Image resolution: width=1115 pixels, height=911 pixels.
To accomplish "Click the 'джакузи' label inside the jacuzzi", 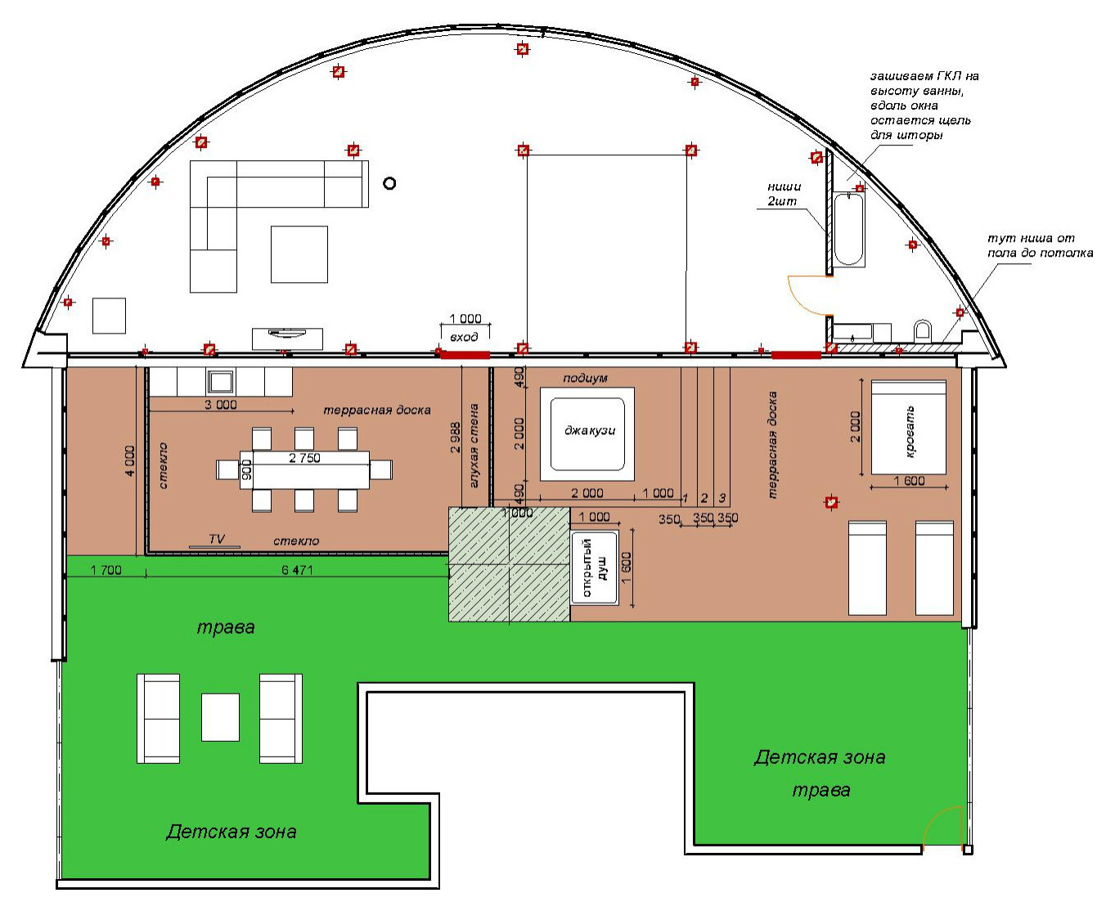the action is [x=590, y=431].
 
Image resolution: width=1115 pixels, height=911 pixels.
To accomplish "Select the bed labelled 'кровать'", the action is [x=908, y=427].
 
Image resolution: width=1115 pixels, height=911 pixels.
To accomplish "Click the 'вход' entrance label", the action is [x=464, y=337].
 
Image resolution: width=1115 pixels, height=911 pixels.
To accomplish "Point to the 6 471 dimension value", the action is [x=297, y=570].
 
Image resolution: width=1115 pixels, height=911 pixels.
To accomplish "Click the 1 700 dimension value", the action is [x=106, y=570].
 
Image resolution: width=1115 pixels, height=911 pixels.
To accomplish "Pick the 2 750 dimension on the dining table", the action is [x=304, y=458].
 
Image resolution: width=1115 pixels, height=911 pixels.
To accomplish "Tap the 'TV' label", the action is [x=217, y=538].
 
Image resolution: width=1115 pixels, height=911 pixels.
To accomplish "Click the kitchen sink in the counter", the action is [x=220, y=381].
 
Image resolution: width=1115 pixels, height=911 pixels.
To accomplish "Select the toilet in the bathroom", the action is [x=923, y=330].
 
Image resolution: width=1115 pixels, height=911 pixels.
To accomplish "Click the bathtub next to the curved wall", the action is [x=848, y=229].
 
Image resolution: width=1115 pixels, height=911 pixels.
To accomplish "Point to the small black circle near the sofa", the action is [x=389, y=183].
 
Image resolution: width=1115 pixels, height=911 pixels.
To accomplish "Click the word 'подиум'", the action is [x=585, y=379].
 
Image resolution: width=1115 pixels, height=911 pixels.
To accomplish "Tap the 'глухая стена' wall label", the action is [x=474, y=446].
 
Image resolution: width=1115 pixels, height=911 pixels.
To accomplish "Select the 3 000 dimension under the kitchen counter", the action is [x=221, y=405].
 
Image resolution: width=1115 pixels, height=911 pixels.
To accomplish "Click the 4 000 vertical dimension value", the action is [x=130, y=460].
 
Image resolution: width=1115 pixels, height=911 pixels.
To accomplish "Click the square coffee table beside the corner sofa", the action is [x=299, y=254].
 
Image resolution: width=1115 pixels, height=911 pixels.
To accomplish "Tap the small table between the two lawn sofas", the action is [x=220, y=717].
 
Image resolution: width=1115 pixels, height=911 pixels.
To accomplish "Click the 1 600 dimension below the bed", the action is [x=910, y=481].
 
